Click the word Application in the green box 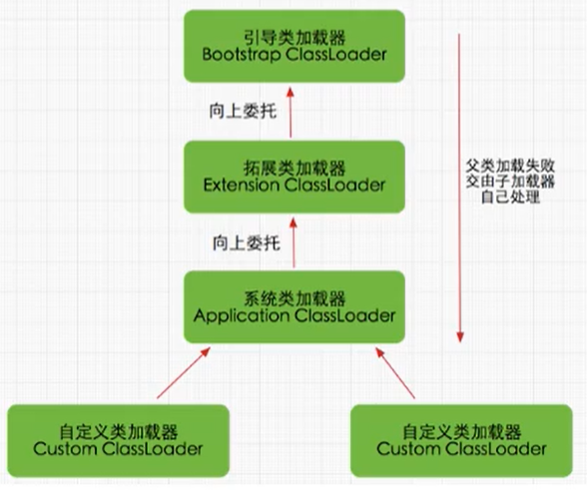point(243,315)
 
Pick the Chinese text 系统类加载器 point(293,295)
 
